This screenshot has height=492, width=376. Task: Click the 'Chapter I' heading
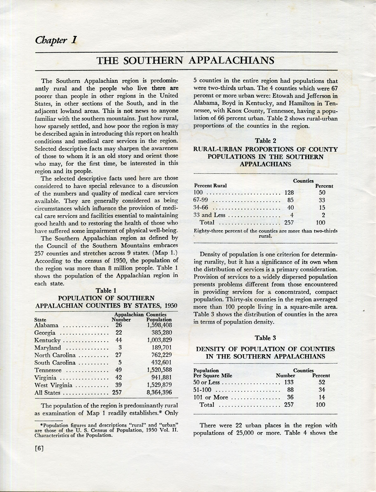coord(56,41)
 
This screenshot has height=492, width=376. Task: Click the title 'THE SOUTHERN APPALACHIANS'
coord(185,60)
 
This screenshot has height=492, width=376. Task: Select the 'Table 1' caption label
coord(106,290)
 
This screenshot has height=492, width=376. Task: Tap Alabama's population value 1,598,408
coord(159,325)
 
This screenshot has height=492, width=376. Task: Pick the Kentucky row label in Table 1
coord(47,340)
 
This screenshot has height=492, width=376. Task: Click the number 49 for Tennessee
coord(119,370)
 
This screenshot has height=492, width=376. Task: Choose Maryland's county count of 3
coord(120,348)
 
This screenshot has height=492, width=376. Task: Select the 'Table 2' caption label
coord(265,141)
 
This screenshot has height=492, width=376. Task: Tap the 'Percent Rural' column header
coord(210,186)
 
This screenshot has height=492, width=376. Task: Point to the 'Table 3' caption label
coord(265,338)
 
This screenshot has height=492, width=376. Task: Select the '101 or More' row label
coord(211,397)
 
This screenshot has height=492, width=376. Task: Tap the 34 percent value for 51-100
coord(322,390)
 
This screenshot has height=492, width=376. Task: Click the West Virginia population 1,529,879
coord(159,385)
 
